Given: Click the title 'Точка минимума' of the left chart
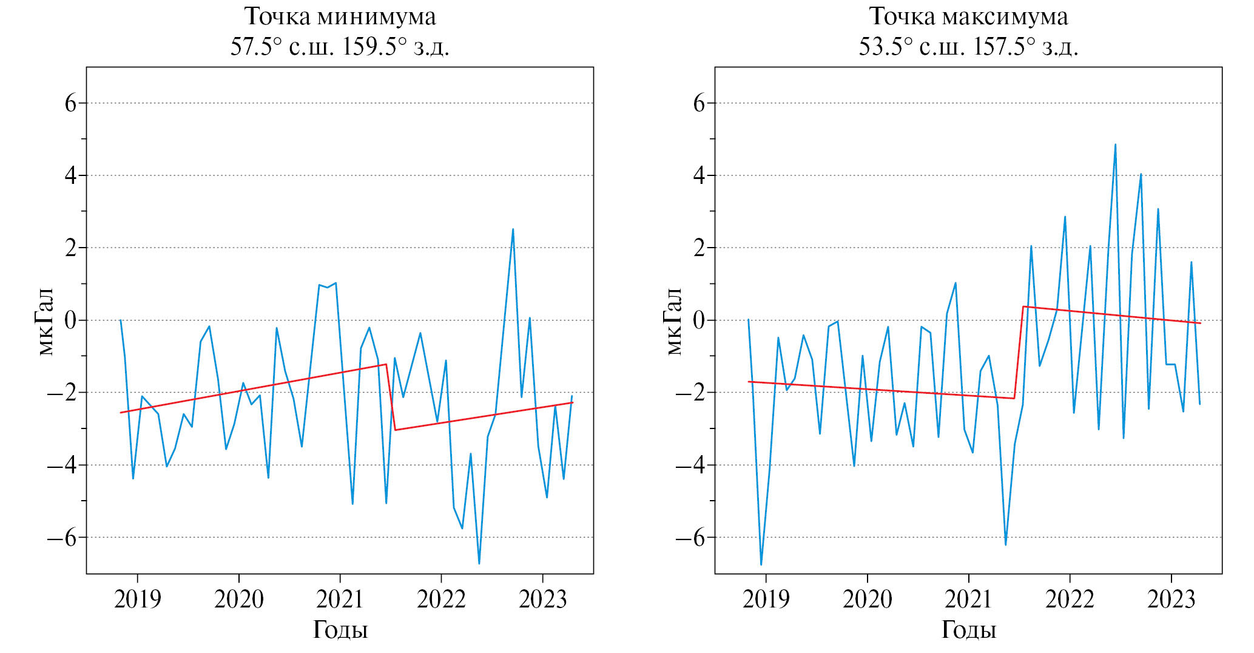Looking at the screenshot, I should click(340, 16).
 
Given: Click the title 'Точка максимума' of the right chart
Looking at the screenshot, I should click(968, 16).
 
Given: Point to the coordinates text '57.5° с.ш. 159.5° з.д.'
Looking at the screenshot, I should click(340, 47).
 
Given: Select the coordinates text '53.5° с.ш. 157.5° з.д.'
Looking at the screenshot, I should click(968, 47).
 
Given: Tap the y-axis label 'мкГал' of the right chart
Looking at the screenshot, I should click(674, 321).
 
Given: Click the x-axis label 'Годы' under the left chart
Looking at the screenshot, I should click(340, 630).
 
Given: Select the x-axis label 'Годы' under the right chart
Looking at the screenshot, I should click(968, 630).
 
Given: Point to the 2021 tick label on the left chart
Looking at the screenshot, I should click(340, 600).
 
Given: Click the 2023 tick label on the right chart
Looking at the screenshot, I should click(1171, 600).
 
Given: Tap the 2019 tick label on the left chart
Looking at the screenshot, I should click(138, 600).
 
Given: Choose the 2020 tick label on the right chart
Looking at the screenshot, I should click(868, 600).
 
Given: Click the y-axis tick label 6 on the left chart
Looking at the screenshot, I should click(71, 103).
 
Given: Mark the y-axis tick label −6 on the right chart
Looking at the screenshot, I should click(692, 538).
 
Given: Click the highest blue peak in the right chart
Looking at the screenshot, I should click(1115, 145).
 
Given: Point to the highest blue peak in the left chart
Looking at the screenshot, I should click(513, 229).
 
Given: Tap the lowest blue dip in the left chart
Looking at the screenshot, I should click(479, 563).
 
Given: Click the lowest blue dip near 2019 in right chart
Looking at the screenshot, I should click(761, 564).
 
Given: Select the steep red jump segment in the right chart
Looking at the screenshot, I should click(1019, 353).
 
